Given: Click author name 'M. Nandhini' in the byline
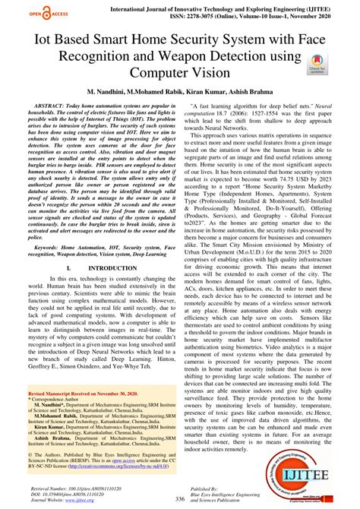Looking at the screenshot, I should pyautogui.click(x=112, y=90).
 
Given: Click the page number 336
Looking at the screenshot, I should pyautogui.click(x=179, y=498).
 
